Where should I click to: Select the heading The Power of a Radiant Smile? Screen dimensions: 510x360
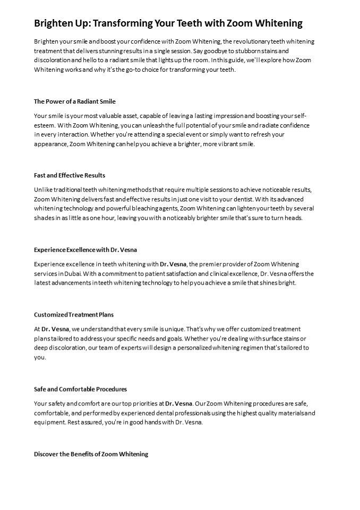tap(74, 101)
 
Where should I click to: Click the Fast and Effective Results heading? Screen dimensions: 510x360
tap(70, 175)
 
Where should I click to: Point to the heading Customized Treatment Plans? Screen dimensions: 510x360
tap(74, 314)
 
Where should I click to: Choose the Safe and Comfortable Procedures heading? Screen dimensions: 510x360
tap(80, 389)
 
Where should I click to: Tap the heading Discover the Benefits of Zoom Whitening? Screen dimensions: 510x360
tap(91, 454)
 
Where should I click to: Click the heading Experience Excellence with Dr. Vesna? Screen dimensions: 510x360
tap(87, 249)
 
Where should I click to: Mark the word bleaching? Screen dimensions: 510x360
tap(152, 209)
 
